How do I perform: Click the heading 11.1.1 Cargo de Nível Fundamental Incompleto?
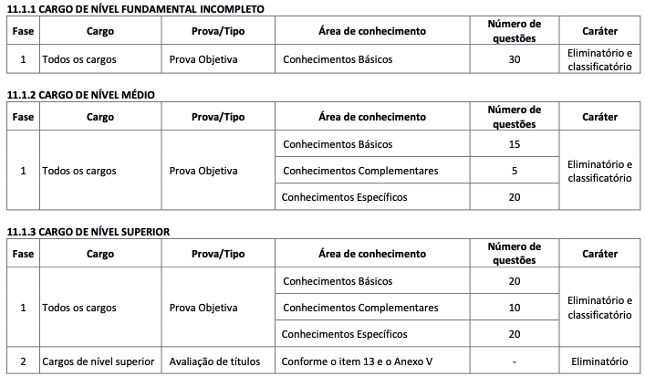tap(135, 8)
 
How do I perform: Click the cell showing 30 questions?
tap(514, 60)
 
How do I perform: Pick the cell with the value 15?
tap(514, 145)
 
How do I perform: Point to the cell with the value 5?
tap(514, 171)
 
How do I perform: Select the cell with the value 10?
tap(514, 308)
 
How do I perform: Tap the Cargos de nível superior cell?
tap(98, 361)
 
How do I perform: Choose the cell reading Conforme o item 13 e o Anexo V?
tap(358, 361)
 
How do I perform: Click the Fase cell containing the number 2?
tap(22, 361)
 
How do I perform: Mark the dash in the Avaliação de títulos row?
tap(514, 361)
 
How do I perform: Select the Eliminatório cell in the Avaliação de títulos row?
tap(598, 361)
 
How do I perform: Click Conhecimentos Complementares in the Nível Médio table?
tap(360, 171)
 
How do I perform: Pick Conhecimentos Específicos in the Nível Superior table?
tap(342, 333)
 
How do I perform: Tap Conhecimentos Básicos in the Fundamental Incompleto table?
tap(337, 60)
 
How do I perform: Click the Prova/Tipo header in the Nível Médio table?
tap(218, 117)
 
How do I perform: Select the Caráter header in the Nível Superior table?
tap(598, 254)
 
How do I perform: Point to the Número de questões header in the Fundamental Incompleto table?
tap(514, 30)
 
